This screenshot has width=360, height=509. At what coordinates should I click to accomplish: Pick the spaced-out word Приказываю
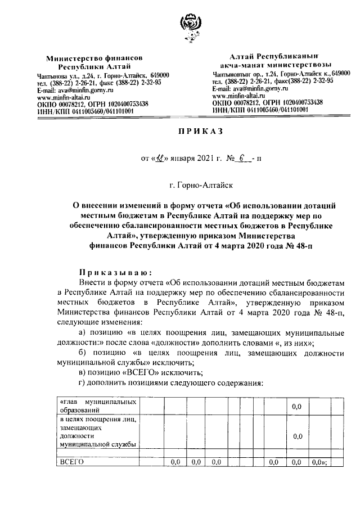tap(111, 270)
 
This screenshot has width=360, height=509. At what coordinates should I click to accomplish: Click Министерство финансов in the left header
tap(94, 58)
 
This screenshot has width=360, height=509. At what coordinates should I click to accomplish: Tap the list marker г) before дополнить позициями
tap(82, 383)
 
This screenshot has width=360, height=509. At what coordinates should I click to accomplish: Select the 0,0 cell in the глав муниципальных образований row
tap(298, 406)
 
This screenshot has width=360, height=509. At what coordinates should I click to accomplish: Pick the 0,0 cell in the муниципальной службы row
tap(298, 436)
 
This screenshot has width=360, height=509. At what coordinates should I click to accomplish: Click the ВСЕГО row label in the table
tap(71, 462)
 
